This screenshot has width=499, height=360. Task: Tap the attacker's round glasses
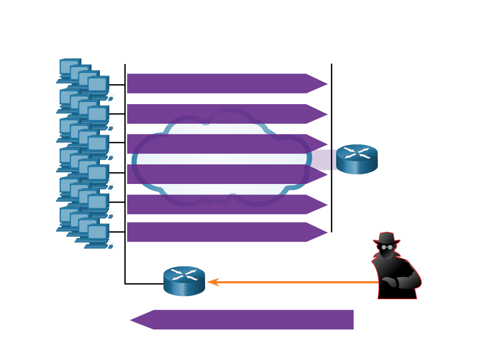click(x=387, y=247)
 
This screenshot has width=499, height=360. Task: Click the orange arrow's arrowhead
click(x=212, y=282)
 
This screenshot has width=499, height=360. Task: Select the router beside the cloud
click(x=357, y=159)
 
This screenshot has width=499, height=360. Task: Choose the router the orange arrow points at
click(x=184, y=281)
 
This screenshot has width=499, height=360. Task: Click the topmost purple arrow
click(x=222, y=84)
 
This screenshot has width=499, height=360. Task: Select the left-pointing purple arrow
click(x=248, y=320)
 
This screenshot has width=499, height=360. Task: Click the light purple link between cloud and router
click(x=321, y=160)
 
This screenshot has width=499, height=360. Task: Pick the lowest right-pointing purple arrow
click(x=222, y=232)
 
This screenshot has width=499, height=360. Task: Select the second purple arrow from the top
click(x=222, y=114)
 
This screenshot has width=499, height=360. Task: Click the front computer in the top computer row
click(x=98, y=86)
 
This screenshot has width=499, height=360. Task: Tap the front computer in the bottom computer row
click(x=98, y=234)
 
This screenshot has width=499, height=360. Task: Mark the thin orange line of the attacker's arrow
click(x=296, y=282)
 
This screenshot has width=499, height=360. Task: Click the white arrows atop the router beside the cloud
click(x=357, y=153)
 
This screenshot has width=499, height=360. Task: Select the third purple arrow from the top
click(x=222, y=144)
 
